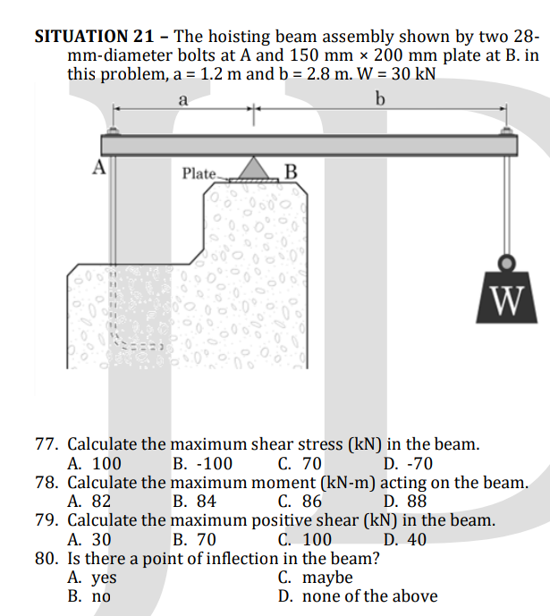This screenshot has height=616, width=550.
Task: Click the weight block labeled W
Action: point(508,296)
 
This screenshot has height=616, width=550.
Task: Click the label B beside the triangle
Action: point(291,173)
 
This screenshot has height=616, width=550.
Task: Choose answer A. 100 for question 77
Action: point(95,463)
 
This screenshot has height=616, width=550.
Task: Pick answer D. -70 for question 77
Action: point(408,463)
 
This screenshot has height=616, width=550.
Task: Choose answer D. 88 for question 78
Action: point(405,502)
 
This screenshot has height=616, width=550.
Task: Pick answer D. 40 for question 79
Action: point(405,539)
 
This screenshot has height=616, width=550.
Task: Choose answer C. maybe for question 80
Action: point(315,578)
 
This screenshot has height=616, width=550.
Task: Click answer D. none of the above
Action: point(358,596)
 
